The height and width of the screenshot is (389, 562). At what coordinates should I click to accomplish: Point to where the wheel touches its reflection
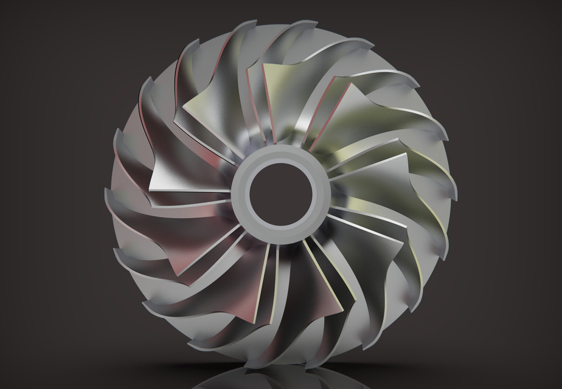(280, 367)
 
